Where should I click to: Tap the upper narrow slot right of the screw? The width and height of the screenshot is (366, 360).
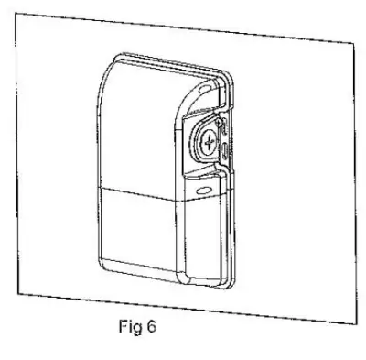click(221, 129)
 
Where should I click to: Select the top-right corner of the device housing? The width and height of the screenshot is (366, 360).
click(225, 79)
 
